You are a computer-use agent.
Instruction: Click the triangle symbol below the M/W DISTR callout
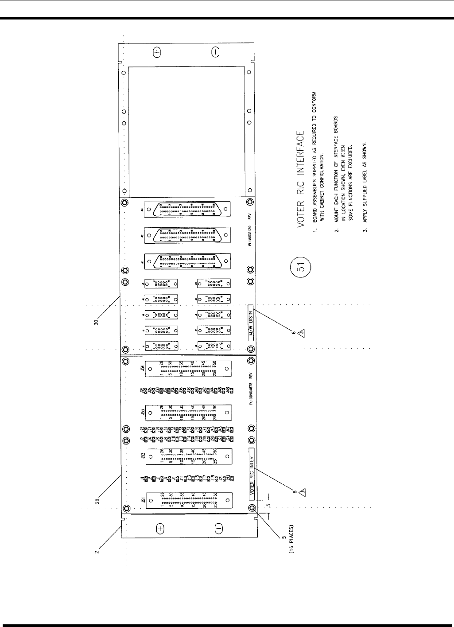(300, 333)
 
